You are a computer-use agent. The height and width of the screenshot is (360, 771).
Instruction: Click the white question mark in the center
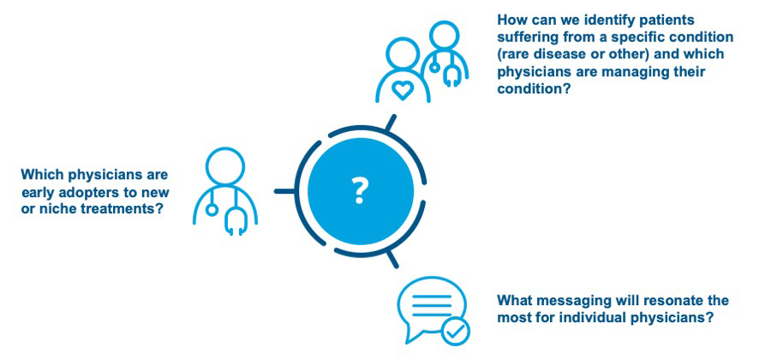pyautogui.click(x=360, y=191)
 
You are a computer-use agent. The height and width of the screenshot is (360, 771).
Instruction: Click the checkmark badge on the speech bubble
pyautogui.click(x=456, y=332)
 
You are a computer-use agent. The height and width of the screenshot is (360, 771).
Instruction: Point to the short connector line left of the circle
pyautogui.click(x=284, y=191)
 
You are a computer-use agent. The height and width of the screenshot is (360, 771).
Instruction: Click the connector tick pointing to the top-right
pyautogui.click(x=391, y=123)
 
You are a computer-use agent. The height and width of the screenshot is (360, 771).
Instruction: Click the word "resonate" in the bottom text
pyautogui.click(x=677, y=301)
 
